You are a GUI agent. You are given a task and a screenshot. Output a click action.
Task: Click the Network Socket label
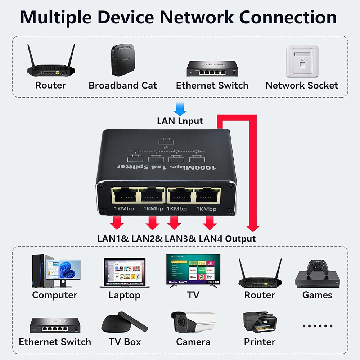click(302, 86)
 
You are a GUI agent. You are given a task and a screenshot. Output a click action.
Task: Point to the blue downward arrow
click(180, 108)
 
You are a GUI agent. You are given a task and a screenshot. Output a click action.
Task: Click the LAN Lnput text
click(180, 121)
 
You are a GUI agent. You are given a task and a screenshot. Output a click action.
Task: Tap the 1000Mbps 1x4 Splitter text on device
click(167, 167)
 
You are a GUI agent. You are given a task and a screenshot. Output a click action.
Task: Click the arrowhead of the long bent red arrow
click(253, 228)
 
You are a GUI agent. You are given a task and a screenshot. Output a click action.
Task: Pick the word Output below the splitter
click(240, 239)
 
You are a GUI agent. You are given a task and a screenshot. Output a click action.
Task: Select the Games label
click(317, 295)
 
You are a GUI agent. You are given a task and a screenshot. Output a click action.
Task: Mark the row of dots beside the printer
click(317, 326)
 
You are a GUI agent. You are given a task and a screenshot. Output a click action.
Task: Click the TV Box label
click(125, 342)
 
